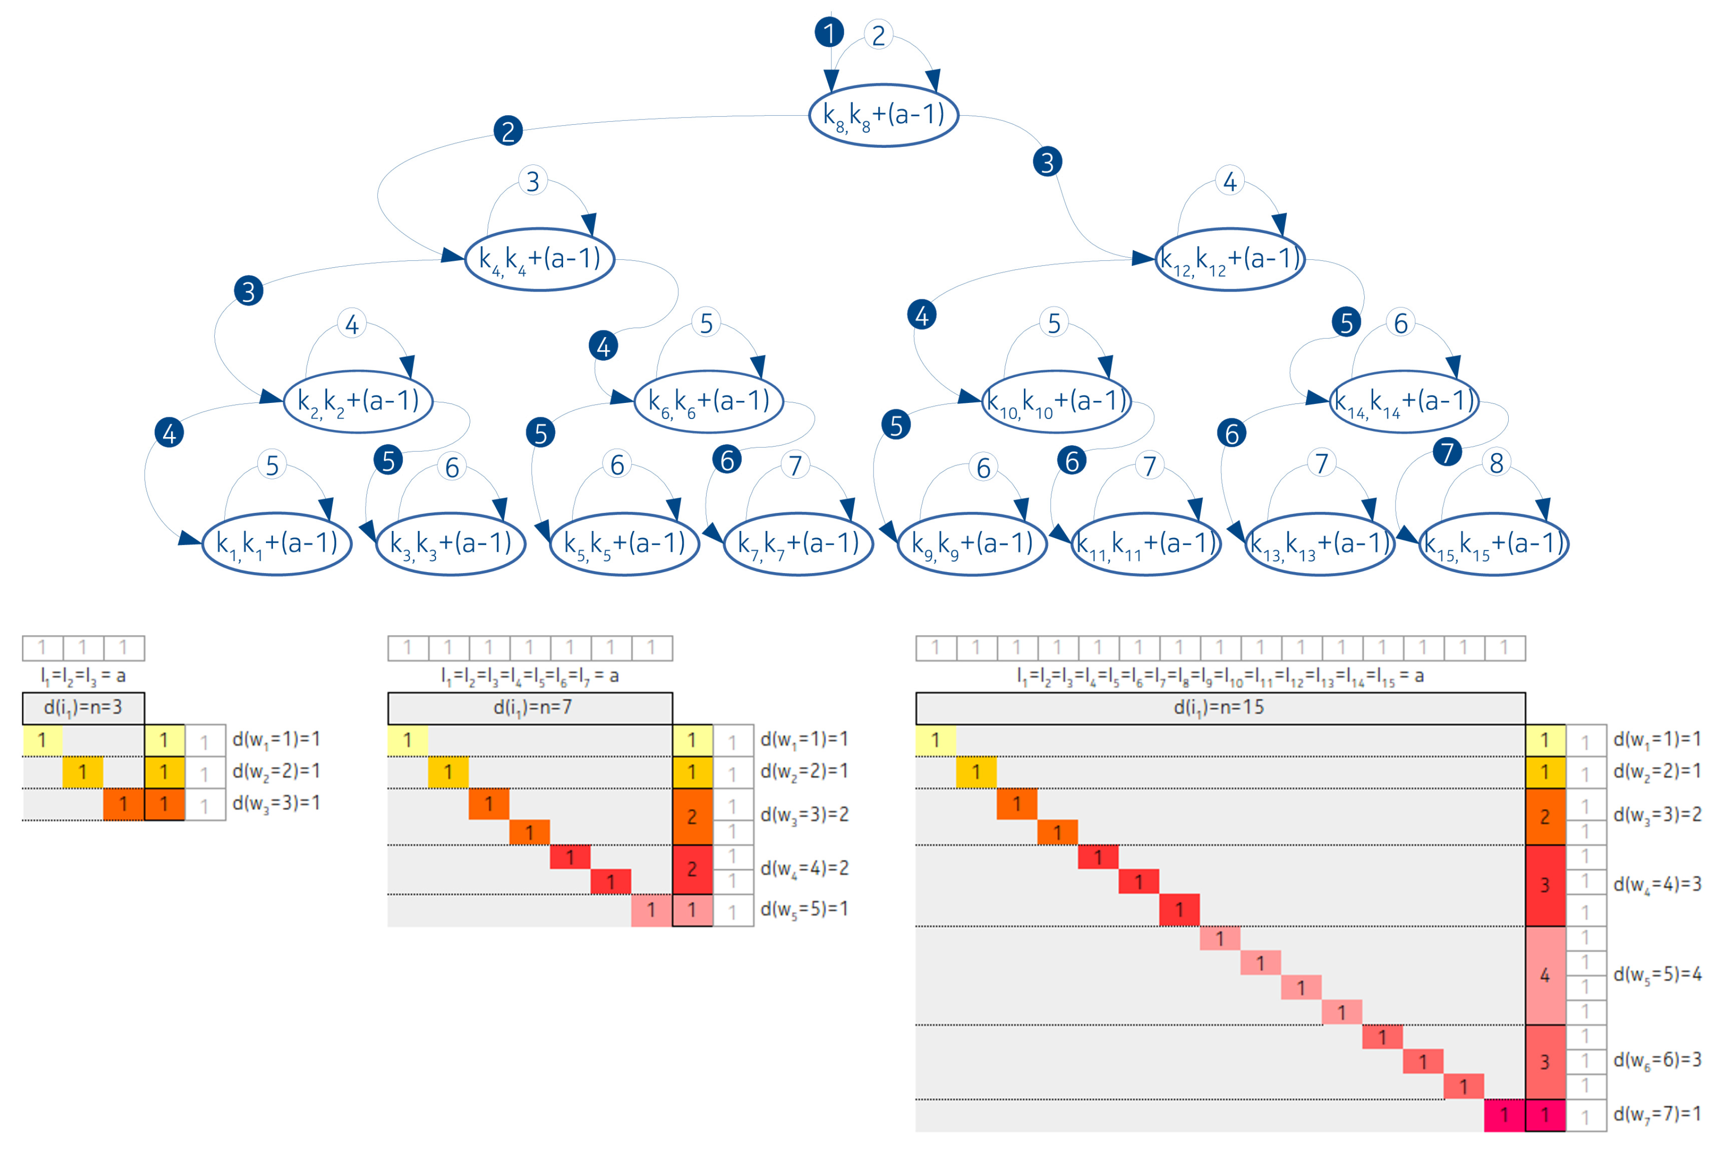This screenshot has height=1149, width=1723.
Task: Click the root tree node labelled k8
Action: coord(884,115)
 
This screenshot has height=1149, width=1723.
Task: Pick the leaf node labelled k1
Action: coord(276,543)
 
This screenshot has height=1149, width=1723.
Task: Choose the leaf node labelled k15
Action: coord(1493,543)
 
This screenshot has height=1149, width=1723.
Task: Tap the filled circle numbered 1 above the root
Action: coord(829,32)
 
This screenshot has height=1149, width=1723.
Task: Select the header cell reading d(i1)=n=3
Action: coord(83,708)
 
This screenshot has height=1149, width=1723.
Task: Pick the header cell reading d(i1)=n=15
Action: coord(1220,708)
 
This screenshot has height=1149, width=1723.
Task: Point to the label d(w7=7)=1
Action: coord(1656,1114)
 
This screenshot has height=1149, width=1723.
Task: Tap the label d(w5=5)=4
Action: coord(1656,975)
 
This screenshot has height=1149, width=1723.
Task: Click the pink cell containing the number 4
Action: coord(1545,976)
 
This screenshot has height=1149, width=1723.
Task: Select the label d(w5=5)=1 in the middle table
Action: coord(803,909)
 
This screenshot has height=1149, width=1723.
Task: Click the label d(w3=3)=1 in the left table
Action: coord(276,804)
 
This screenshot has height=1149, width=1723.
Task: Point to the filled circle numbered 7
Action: coord(1447,452)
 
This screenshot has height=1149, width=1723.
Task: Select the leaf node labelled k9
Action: coord(972,543)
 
